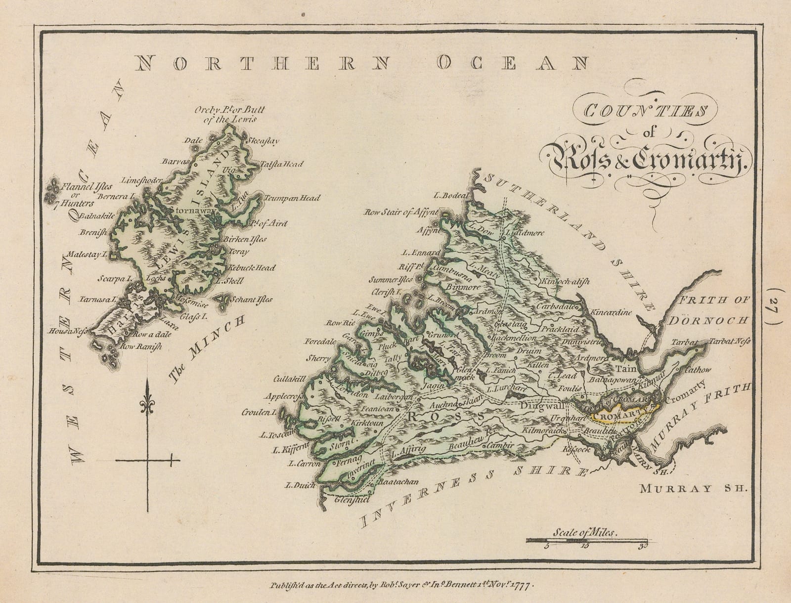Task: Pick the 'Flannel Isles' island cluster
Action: point(51,192)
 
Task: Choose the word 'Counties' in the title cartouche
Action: point(645,111)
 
